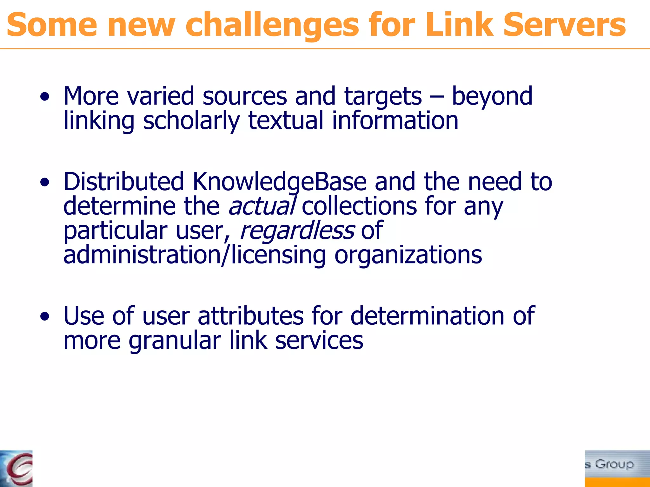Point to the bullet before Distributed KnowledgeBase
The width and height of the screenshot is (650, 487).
(x=45, y=182)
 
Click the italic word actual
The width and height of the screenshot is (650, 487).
(x=262, y=206)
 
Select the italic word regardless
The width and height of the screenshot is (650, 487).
(x=297, y=231)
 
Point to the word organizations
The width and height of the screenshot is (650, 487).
(x=408, y=255)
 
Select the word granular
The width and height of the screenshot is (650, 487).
(x=175, y=341)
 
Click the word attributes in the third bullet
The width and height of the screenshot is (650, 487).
(x=251, y=316)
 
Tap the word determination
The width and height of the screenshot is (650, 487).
(x=427, y=316)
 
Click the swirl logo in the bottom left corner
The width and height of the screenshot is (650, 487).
(x=17, y=469)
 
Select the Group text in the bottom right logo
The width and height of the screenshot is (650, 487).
(x=614, y=464)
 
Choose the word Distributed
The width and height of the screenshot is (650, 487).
(x=124, y=182)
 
